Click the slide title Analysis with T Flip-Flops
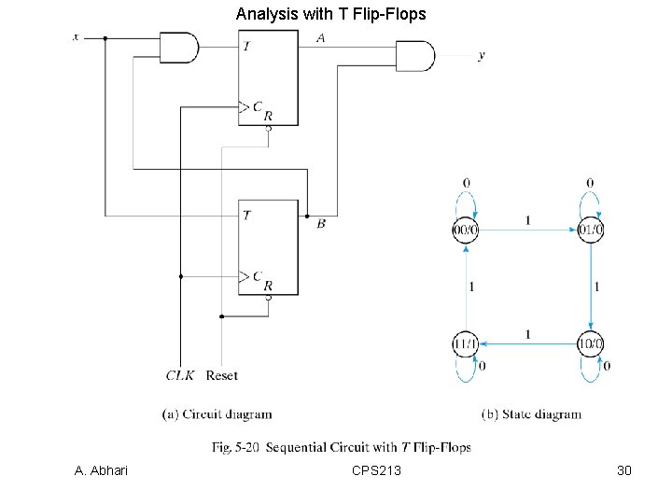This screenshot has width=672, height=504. (x=331, y=14)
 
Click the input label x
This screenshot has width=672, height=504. (x=77, y=37)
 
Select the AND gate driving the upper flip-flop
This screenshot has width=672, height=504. (x=180, y=47)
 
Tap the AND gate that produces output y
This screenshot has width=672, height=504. (x=415, y=56)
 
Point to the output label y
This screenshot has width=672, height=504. (x=482, y=56)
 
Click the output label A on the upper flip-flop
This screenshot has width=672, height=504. (x=320, y=38)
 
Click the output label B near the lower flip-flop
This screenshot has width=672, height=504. (x=321, y=224)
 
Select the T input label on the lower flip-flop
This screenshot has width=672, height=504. (x=245, y=215)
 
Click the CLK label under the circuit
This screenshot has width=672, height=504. (x=179, y=375)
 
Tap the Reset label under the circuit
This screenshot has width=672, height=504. (x=221, y=375)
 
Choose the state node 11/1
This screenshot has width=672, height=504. (x=466, y=344)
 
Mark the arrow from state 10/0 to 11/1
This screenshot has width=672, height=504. (x=528, y=344)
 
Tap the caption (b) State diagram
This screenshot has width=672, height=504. (x=531, y=414)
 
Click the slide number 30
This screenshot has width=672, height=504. (x=624, y=470)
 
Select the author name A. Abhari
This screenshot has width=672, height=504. (x=101, y=470)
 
